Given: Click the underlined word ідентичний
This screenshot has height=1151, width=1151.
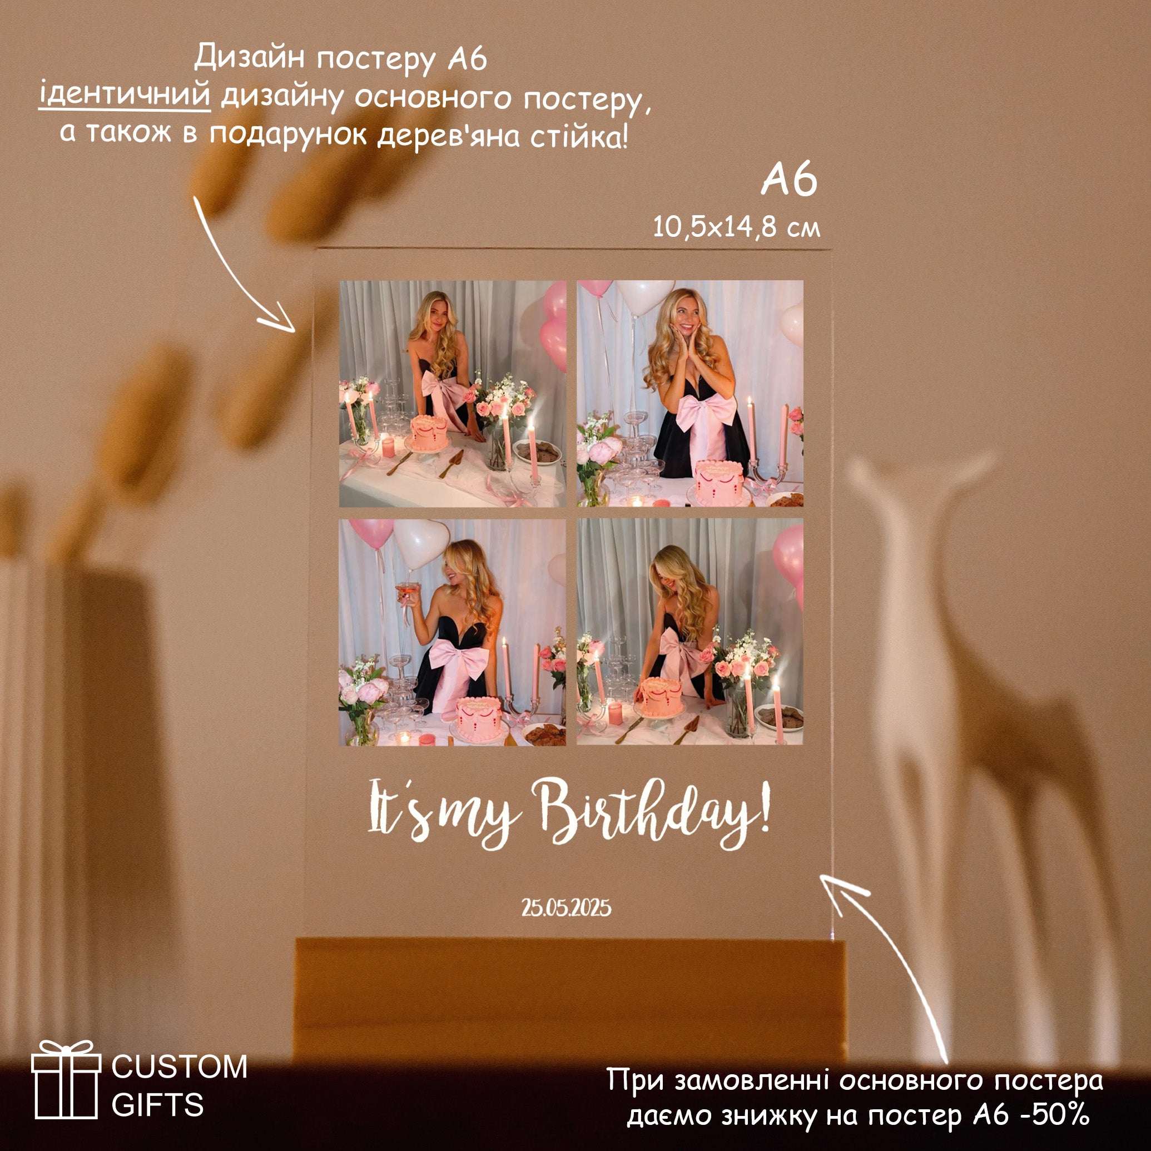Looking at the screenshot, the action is (125, 95).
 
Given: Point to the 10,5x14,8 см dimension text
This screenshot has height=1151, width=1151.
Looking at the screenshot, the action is (736, 227).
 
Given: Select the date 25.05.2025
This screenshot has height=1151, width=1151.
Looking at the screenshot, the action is (567, 907).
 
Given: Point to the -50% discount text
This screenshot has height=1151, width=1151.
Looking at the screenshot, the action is (1056, 1115).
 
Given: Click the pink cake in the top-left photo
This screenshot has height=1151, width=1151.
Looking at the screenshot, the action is (429, 433).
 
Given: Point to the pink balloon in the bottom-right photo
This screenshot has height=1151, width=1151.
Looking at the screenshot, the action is (788, 560).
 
